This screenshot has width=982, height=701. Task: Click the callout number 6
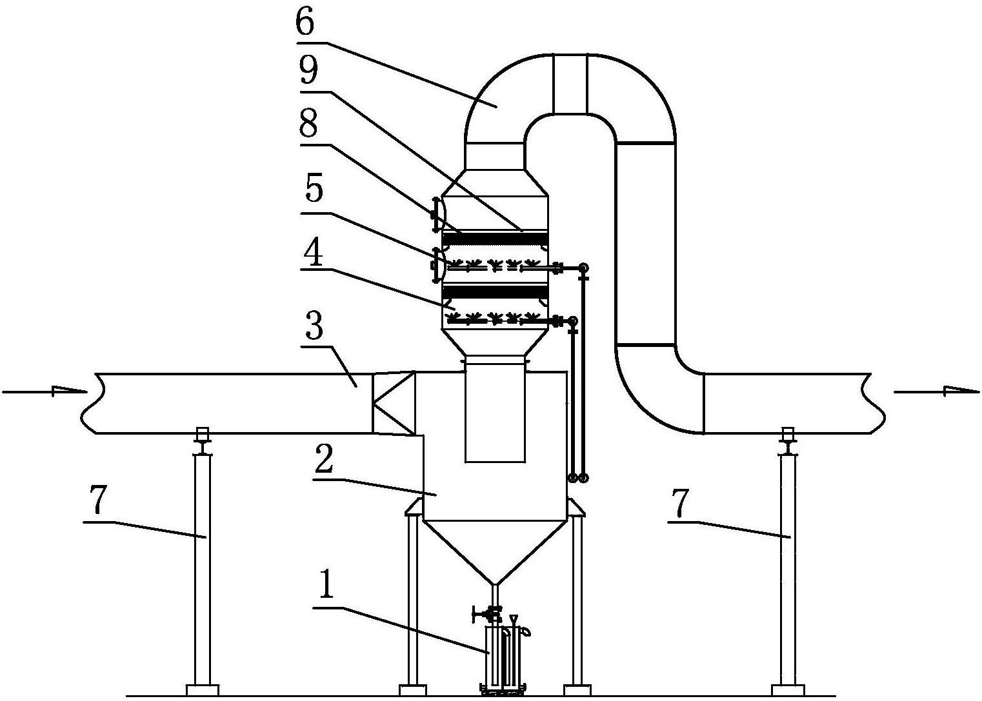(305, 23)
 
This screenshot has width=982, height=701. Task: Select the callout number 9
(308, 71)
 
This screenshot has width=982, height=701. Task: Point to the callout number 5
(314, 188)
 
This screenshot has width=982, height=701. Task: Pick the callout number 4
(313, 253)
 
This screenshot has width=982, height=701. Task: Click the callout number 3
(314, 327)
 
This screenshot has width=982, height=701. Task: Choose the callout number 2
(325, 460)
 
